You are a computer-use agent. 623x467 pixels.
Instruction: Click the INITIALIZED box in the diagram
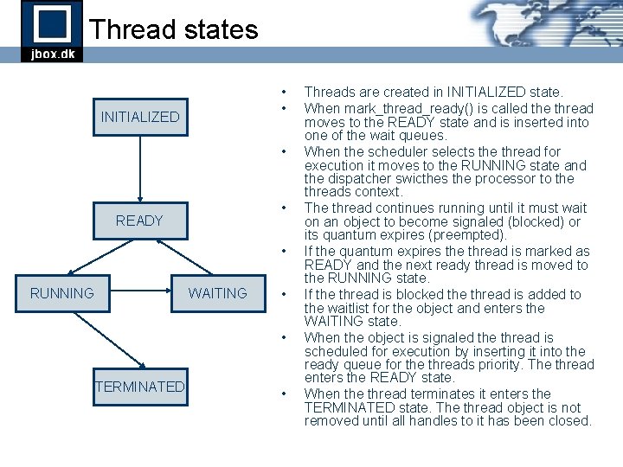pyautogui.click(x=140, y=117)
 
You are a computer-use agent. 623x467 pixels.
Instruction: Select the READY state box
pyautogui.click(x=140, y=221)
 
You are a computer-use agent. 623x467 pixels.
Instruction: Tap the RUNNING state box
pyautogui.click(x=62, y=293)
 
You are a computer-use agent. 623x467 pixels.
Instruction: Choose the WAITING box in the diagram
pyautogui.click(x=217, y=293)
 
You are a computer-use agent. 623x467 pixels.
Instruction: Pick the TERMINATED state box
pyautogui.click(x=140, y=387)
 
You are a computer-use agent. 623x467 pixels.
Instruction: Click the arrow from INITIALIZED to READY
pyautogui.click(x=140, y=169)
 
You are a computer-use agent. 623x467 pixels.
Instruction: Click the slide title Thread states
pyautogui.click(x=173, y=29)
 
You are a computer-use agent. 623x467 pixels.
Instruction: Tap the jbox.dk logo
pyautogui.click(x=52, y=31)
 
